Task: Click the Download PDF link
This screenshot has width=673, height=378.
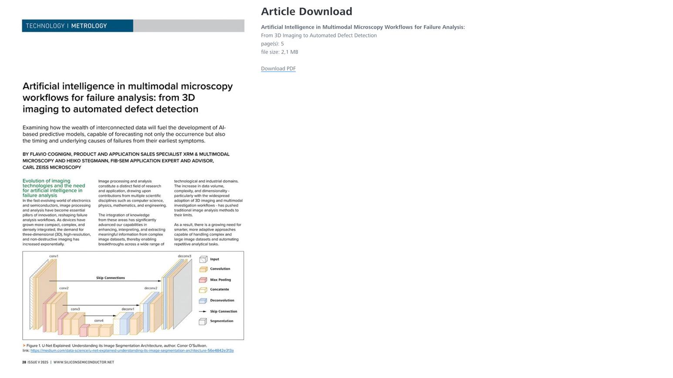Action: click(278, 68)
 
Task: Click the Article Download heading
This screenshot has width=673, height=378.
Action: click(306, 12)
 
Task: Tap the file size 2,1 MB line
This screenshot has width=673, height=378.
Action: click(279, 52)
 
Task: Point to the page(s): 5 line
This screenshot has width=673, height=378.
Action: click(272, 43)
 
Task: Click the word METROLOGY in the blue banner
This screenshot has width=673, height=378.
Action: click(89, 26)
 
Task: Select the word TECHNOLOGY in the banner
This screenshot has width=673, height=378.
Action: click(45, 26)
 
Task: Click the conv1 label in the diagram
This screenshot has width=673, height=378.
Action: click(54, 256)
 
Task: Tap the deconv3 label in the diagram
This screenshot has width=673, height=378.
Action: click(184, 256)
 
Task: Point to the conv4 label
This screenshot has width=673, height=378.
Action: click(99, 321)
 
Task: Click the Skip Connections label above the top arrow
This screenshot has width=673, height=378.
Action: click(110, 278)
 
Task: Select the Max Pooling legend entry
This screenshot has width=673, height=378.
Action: click(220, 280)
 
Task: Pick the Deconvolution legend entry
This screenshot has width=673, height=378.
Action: click(222, 300)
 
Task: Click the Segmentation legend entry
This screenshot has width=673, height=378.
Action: click(221, 321)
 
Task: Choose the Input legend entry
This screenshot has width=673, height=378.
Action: click(214, 259)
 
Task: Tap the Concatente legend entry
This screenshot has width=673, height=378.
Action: click(219, 289)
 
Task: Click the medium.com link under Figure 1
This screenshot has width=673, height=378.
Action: click(132, 351)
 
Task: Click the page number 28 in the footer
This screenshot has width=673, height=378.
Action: click(24, 362)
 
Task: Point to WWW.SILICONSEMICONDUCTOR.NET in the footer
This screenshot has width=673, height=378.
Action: click(84, 362)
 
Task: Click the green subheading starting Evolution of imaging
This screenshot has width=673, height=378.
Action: click(53, 188)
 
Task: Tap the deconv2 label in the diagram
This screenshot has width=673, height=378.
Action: click(151, 288)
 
